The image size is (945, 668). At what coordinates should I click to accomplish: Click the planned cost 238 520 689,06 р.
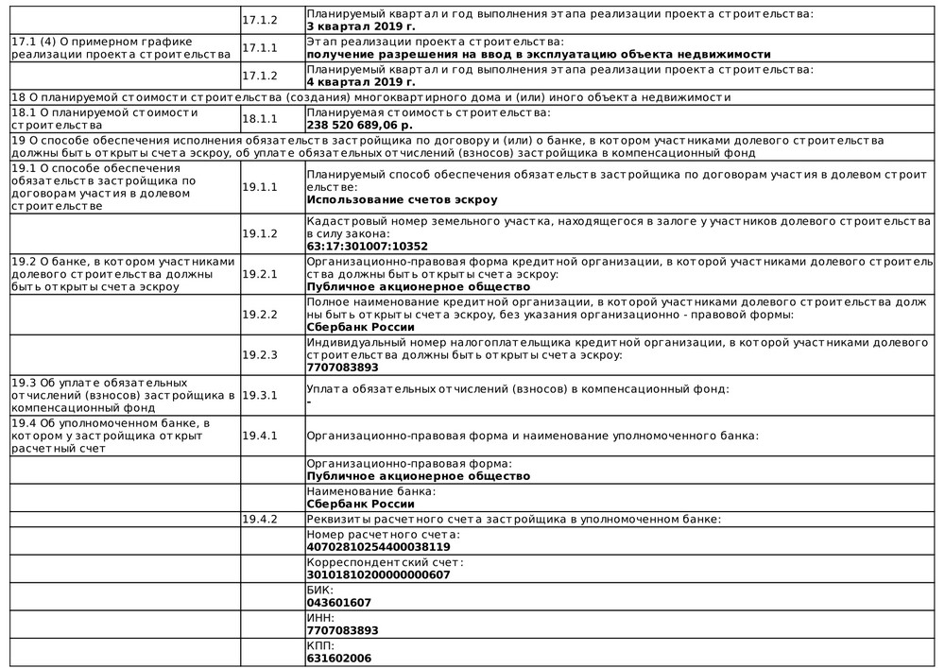point(360,125)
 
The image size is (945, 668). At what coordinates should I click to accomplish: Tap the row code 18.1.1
point(260,119)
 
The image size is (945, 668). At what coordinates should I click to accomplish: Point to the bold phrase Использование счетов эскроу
point(402,199)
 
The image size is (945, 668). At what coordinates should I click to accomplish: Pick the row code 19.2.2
point(260,314)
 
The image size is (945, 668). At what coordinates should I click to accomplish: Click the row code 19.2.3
point(260,354)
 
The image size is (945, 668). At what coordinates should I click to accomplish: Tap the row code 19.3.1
point(260,395)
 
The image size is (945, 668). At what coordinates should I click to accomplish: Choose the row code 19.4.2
point(260,519)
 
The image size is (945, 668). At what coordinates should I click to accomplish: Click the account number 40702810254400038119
point(378,546)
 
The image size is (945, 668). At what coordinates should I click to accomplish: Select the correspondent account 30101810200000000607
point(378,574)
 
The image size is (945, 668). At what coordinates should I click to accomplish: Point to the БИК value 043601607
point(339,602)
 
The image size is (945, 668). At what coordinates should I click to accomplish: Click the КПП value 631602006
point(339,659)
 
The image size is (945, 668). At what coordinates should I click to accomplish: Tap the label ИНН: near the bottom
point(320,617)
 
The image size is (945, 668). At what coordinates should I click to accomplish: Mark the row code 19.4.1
point(260,436)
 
